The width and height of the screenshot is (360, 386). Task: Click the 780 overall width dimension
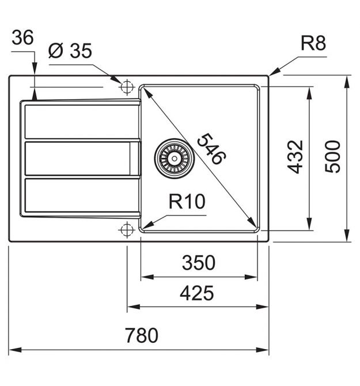[142, 335]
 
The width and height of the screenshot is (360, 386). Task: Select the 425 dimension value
[196, 293]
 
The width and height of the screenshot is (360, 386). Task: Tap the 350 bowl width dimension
[198, 262]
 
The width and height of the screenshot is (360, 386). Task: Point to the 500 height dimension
[332, 157]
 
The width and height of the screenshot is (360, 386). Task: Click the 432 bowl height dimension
[295, 157]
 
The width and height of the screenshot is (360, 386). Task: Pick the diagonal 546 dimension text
[211, 149]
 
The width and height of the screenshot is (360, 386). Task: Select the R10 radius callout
[187, 202]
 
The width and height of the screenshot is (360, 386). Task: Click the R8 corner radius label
[313, 43]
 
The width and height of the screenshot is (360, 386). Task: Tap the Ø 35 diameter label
[70, 51]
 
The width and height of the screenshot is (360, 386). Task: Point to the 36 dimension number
[22, 37]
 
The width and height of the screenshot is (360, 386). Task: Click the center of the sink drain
[174, 158]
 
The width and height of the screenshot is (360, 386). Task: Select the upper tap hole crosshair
[127, 87]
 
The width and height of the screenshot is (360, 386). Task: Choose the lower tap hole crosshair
[127, 230]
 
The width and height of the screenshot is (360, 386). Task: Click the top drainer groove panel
[82, 122]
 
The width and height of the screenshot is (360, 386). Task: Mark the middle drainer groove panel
[82, 158]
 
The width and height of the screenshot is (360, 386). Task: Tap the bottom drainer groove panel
[82, 195]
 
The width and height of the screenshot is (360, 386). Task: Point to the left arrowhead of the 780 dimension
[15, 350]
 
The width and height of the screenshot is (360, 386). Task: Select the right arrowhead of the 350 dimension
[251, 277]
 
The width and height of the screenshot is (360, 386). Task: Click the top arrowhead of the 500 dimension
[347, 82]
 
